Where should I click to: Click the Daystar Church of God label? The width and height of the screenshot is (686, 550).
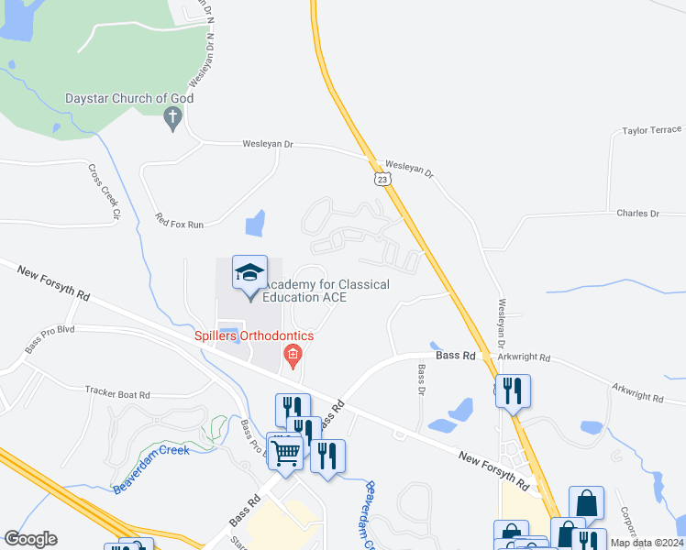click(x=129, y=98)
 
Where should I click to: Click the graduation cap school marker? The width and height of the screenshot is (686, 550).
click(x=249, y=272)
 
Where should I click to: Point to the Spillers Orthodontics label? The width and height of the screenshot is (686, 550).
click(x=253, y=335)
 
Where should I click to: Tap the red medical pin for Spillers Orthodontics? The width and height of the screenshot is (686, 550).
click(x=293, y=355)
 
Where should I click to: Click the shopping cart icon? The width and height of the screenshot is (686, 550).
click(x=286, y=451)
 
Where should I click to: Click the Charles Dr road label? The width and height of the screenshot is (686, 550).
click(x=637, y=214)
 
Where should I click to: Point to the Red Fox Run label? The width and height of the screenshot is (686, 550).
click(x=179, y=222)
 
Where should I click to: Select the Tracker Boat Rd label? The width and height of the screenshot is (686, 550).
click(x=116, y=393)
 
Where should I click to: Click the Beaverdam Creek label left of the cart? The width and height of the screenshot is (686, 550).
click(x=151, y=467)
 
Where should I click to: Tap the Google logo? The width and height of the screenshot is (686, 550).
click(x=30, y=539)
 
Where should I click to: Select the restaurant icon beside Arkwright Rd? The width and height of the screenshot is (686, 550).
click(x=513, y=391)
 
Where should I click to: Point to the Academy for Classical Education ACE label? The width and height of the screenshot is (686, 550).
click(x=326, y=291)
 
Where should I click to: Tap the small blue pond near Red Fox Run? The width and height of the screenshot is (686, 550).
click(x=255, y=223)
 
